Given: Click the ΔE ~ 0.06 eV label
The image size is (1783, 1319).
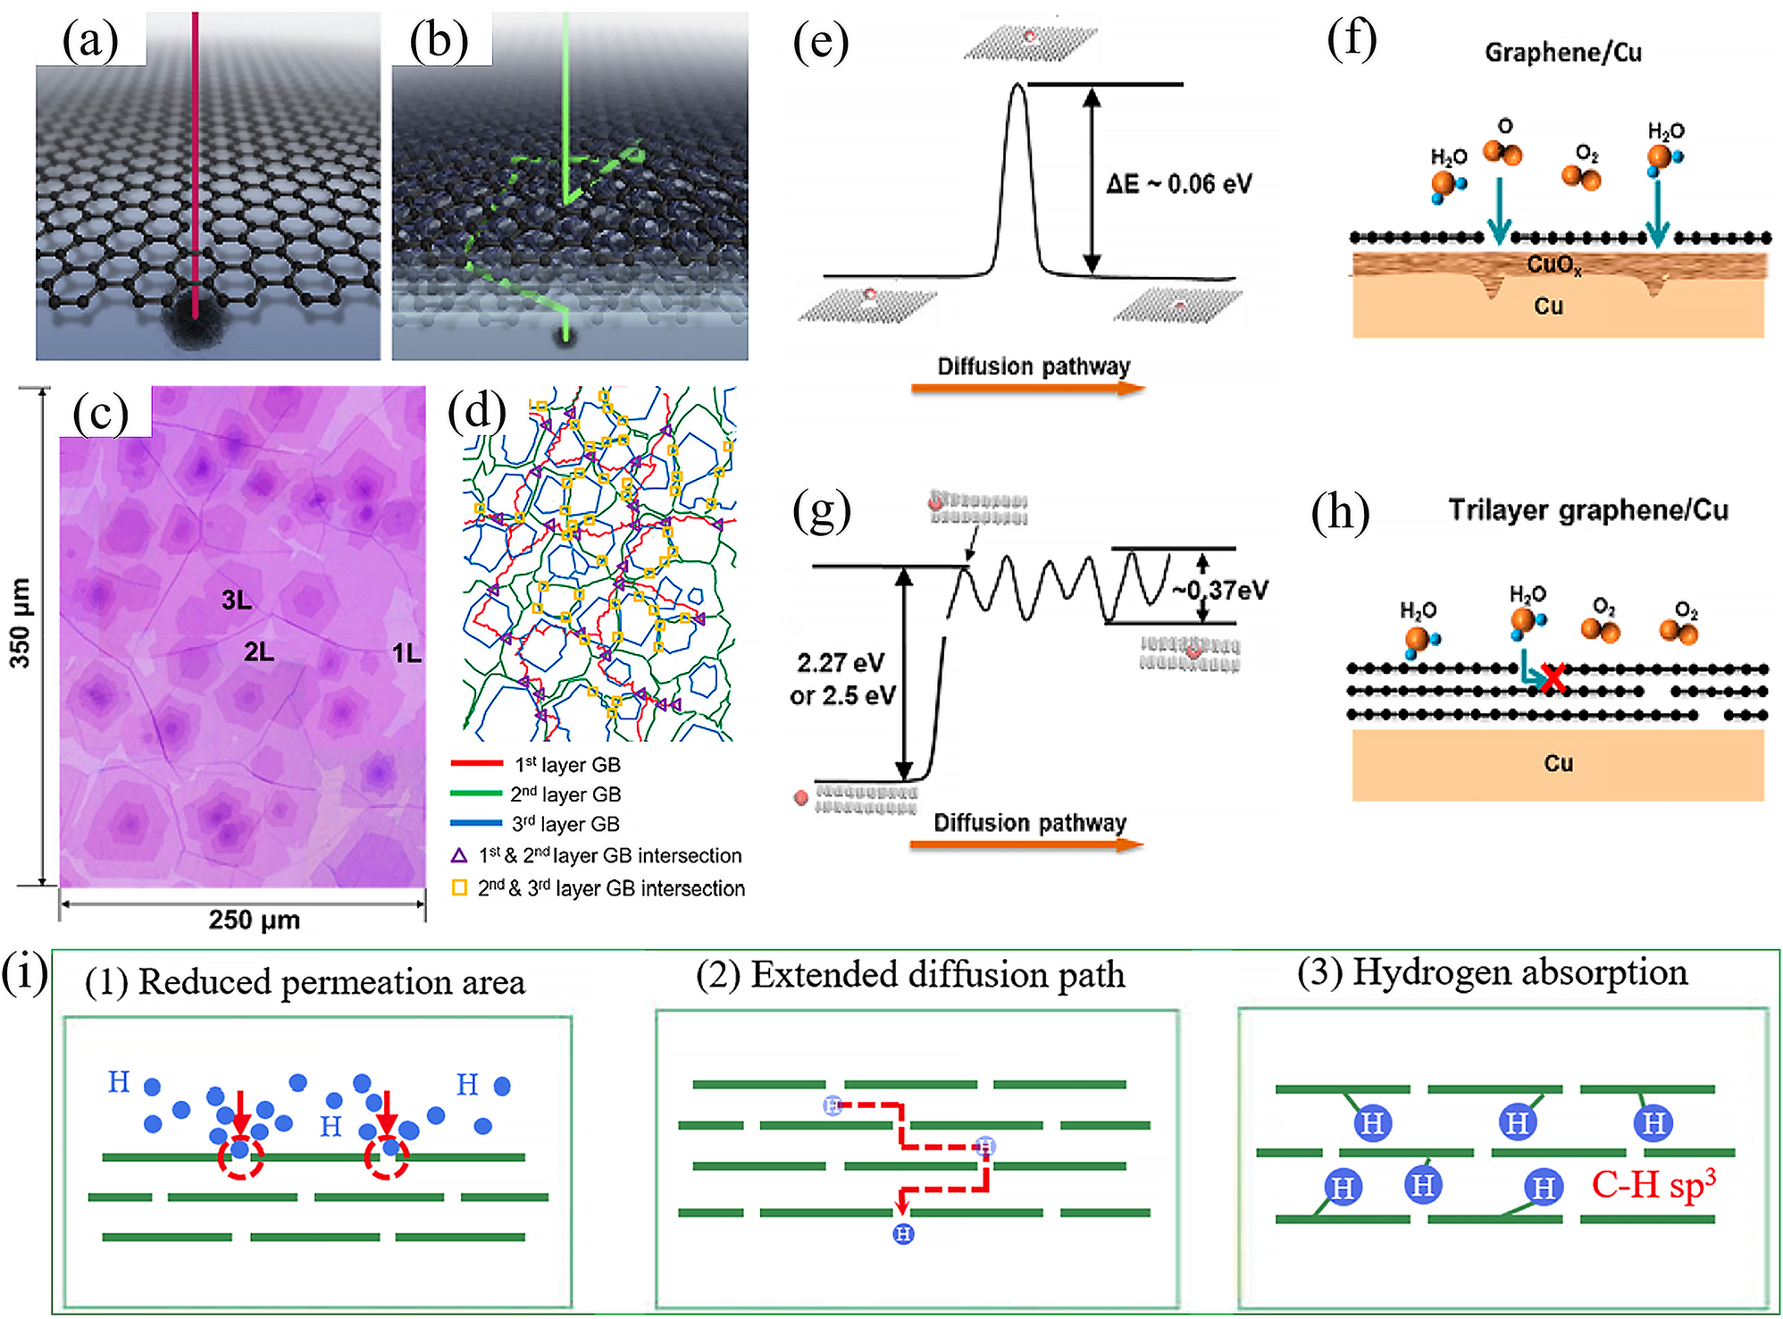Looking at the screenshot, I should (x=1178, y=184).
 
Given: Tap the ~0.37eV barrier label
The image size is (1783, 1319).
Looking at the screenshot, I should (x=1220, y=590).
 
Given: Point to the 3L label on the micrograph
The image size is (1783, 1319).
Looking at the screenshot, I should (x=237, y=600).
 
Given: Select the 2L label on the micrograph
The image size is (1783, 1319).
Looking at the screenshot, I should (x=259, y=652).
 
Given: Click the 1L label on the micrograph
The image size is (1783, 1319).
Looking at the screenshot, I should (x=406, y=653).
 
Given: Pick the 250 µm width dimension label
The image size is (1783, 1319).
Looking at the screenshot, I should (x=254, y=920).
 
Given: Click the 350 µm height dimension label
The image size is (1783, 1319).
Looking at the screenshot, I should (x=20, y=623).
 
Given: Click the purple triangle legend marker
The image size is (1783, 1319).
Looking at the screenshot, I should (x=459, y=856).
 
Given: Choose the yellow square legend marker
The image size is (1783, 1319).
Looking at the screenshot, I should (x=459, y=888).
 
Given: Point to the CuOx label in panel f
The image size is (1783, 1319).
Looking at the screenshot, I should (x=1554, y=265).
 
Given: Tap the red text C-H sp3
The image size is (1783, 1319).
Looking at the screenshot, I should (x=1653, y=1185).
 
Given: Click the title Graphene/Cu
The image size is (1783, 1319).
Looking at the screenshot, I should (x=1563, y=53).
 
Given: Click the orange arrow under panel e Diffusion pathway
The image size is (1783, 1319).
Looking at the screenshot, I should (x=1027, y=388).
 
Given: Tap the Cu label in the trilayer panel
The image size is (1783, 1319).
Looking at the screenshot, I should (x=1558, y=763).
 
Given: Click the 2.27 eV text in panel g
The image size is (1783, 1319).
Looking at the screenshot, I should (x=841, y=663).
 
